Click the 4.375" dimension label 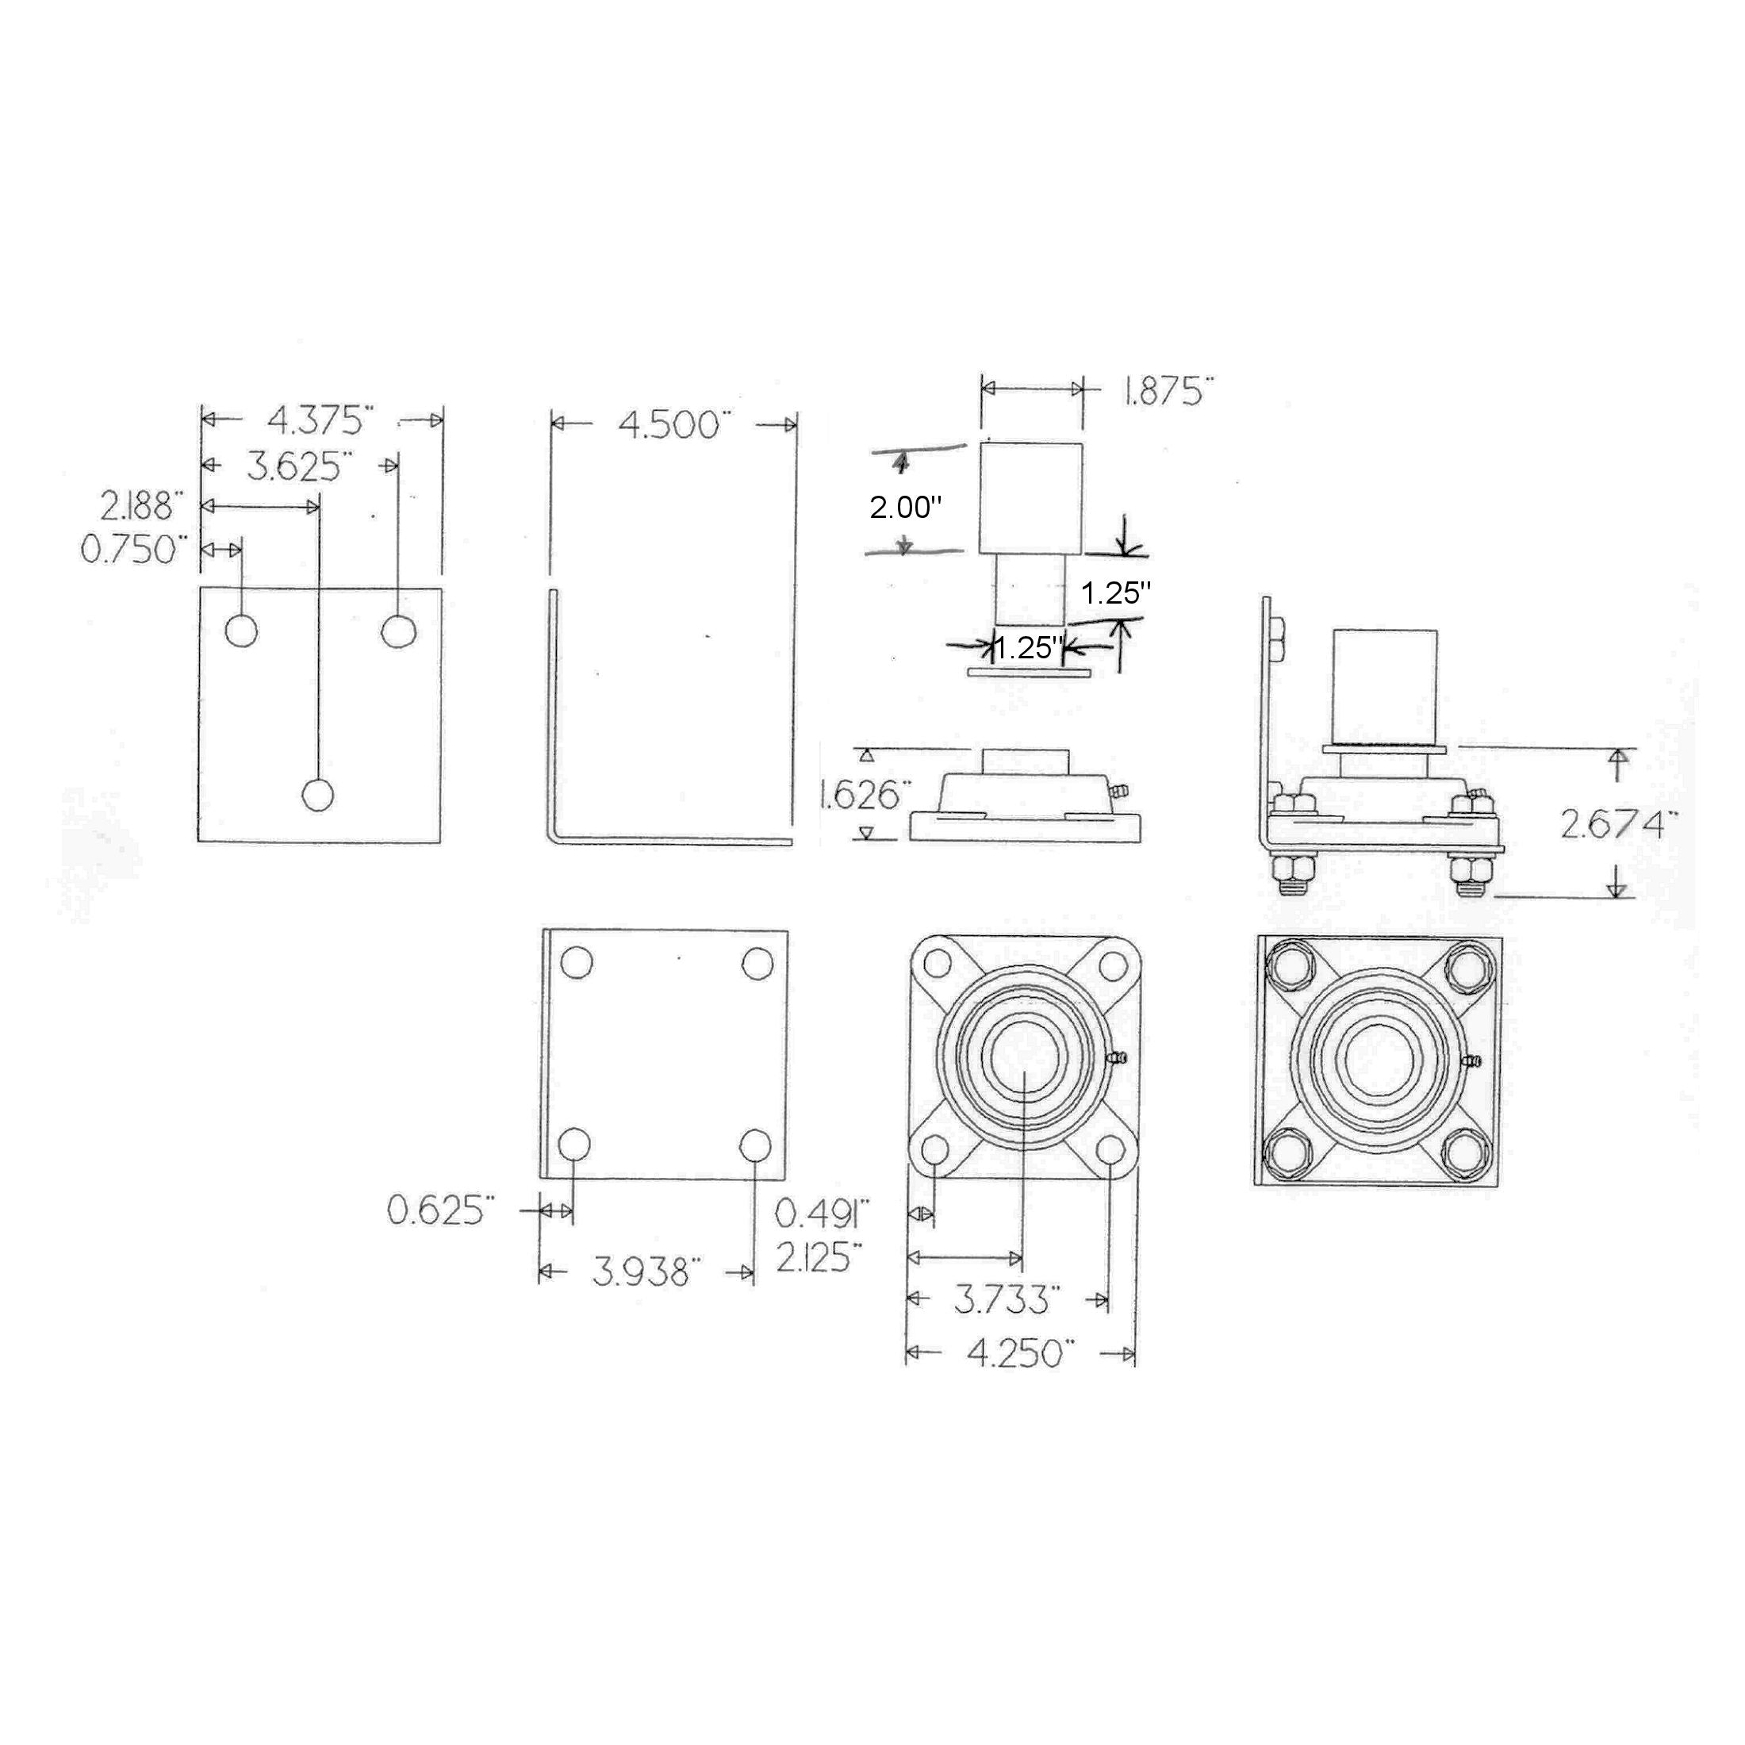320,420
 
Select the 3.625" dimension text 299,467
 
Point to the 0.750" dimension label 136,549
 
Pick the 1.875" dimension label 1168,391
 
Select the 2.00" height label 906,508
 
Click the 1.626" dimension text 861,796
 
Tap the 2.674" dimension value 1619,824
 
